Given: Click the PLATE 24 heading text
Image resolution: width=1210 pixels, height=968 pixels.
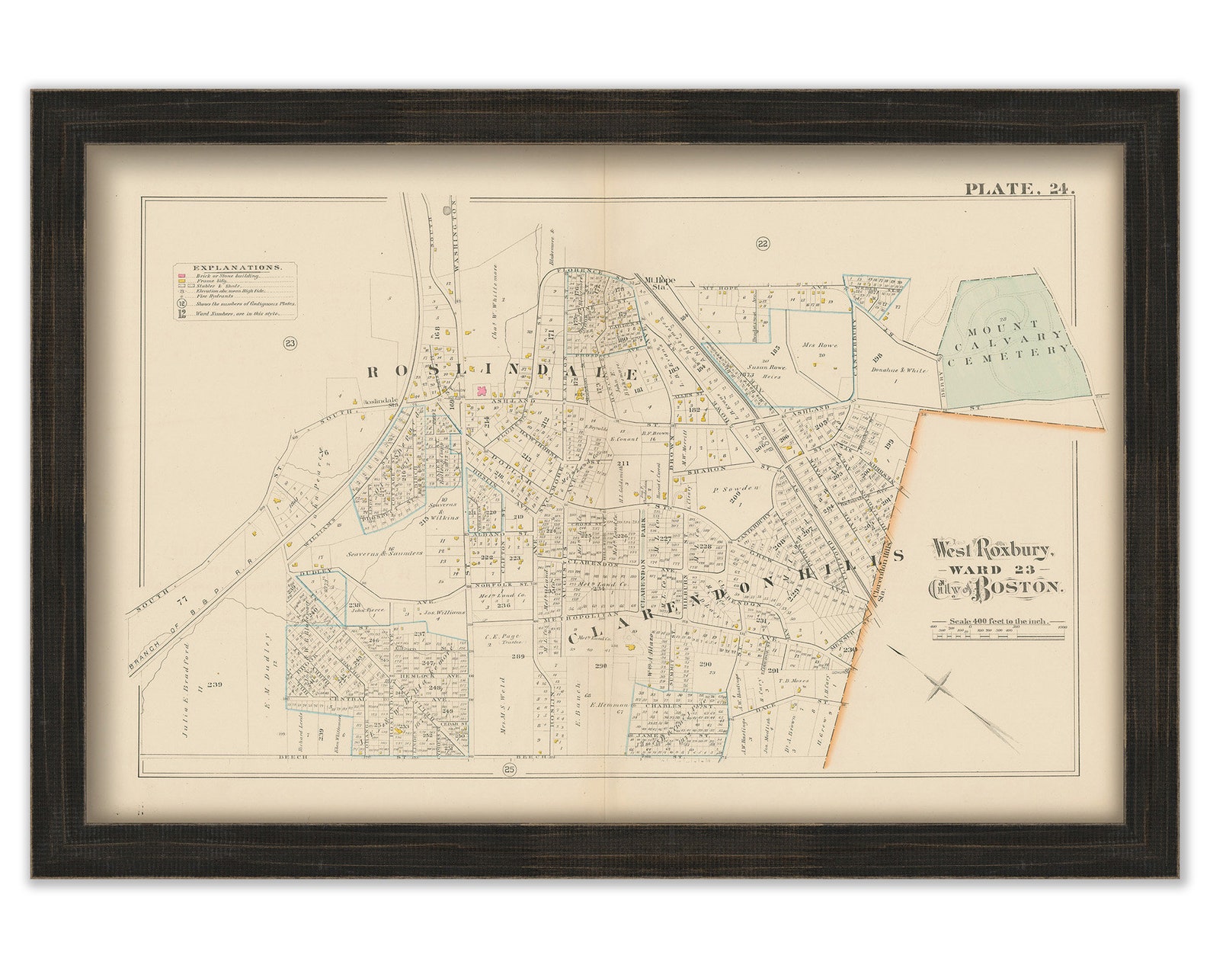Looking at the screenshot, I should coord(1019,189).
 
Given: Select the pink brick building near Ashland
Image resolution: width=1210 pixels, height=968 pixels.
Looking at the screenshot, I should coord(482,390).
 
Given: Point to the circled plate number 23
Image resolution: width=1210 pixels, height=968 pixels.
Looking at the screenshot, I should coord(289,344).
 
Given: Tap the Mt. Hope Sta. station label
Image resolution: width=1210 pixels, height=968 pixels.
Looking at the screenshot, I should coord(661,281).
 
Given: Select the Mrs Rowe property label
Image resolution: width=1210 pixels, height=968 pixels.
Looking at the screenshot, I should coord(820,345).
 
